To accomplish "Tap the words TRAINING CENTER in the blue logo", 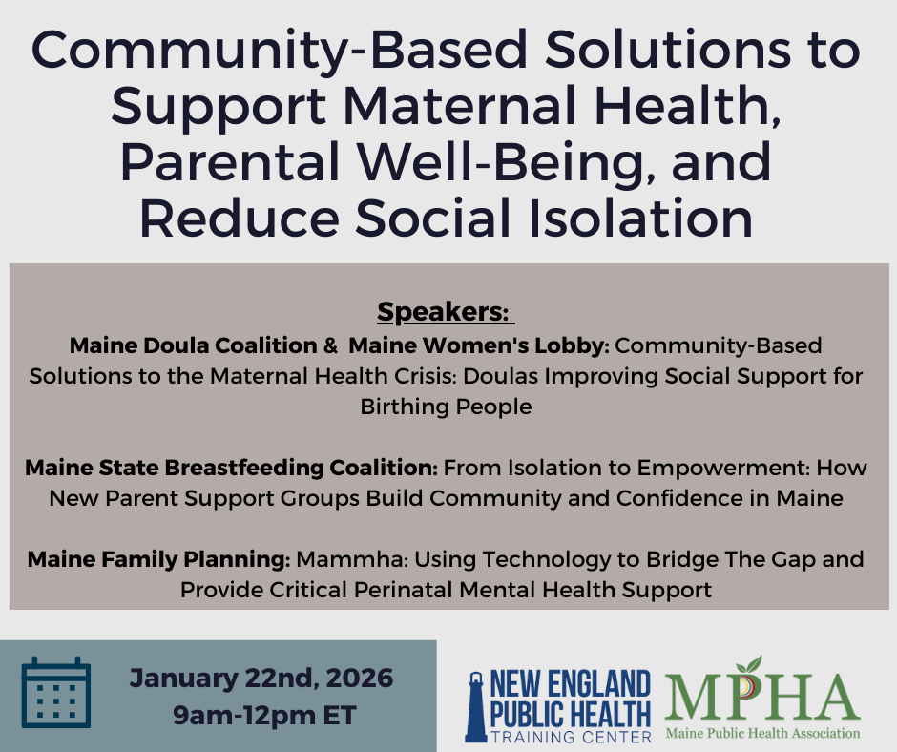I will point(571,737).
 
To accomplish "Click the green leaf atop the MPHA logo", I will point(752,665).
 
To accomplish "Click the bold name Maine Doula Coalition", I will point(192,344).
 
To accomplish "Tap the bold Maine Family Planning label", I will point(159,559).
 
